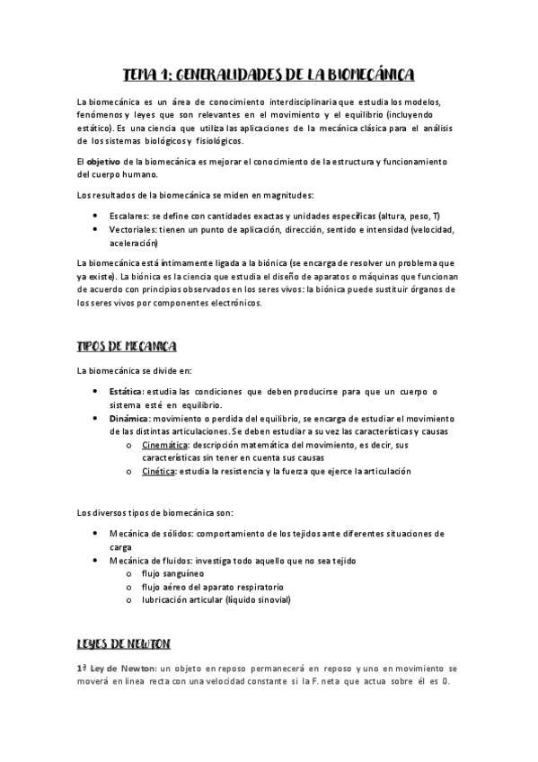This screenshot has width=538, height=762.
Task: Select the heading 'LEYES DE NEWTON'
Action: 124,644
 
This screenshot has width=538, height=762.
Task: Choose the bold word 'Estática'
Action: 126,391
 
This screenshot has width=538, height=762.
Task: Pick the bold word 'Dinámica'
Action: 128,418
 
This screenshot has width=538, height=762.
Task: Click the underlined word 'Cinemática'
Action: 165,445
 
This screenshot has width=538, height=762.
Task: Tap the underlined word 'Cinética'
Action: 159,471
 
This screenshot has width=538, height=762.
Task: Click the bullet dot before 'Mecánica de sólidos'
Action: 96,534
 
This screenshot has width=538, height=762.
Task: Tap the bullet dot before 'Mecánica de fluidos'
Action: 96,561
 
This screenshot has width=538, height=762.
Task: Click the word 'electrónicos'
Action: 233,303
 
